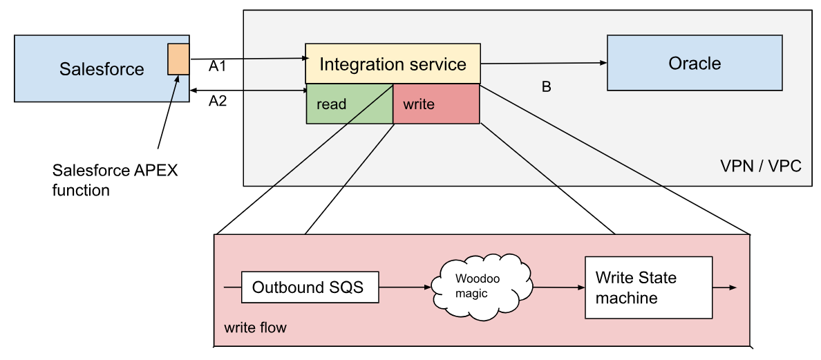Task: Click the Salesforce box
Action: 90,69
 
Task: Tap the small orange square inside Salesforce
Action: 178,59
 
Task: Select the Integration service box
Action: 393,64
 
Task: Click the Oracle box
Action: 695,64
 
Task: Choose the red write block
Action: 435,104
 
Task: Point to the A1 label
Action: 218,67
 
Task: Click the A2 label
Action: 218,102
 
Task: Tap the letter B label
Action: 546,88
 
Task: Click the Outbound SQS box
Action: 310,287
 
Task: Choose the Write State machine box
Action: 648,287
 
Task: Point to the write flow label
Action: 255,327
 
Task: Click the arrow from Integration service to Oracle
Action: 543,63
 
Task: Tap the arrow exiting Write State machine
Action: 724,287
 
